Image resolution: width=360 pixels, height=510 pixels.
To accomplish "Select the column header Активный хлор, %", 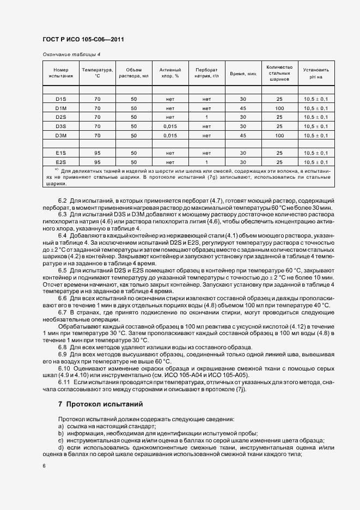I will click(169, 73).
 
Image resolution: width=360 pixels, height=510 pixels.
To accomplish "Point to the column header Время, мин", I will click(243, 73).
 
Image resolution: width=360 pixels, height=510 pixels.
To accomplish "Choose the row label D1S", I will click(60, 99).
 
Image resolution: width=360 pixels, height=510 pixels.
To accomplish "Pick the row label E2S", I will click(60, 162).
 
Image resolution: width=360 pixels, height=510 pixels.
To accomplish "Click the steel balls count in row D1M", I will click(280, 108).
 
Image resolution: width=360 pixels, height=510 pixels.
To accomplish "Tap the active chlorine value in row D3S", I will click(169, 126).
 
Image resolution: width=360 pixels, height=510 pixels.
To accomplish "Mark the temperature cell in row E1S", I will click(97, 153).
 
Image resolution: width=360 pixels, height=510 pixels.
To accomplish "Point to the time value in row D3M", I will click(243, 135).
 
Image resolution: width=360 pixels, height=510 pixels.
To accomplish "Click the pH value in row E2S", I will click(316, 162).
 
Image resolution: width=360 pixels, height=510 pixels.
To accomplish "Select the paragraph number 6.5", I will click(62, 270).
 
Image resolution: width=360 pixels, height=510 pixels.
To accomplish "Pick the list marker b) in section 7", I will click(60, 433).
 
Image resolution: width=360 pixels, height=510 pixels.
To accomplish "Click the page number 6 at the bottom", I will click(44, 466).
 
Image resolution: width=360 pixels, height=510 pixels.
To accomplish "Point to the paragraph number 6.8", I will click(62, 347).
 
